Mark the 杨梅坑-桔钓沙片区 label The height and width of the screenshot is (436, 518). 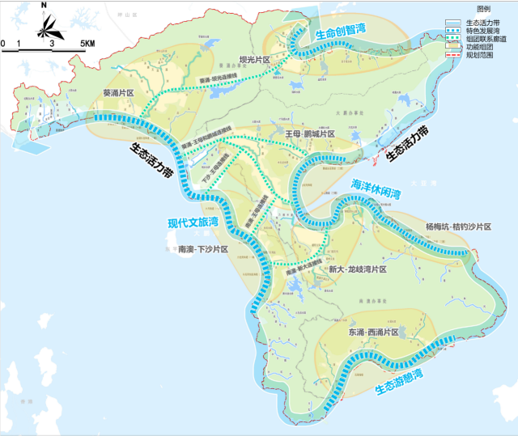tap(458, 226)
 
